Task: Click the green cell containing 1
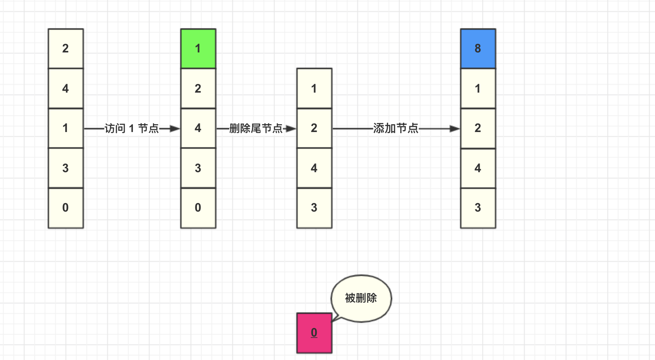198,49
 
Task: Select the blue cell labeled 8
478,49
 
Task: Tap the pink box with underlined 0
314,333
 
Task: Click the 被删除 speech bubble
361,298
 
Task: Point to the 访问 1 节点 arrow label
131,129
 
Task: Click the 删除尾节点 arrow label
256,129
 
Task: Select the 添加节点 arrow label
396,128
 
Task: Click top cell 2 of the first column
65,49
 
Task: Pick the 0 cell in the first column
65,208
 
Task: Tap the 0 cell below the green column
198,208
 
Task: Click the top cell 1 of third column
314,89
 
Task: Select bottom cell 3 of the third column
314,208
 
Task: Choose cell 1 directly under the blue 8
478,89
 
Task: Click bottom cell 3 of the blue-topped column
478,208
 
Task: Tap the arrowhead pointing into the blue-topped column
455,129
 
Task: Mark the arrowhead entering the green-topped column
175,129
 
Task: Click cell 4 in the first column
65,89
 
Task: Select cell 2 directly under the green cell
198,89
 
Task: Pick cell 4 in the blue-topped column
478,168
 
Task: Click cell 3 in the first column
65,168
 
